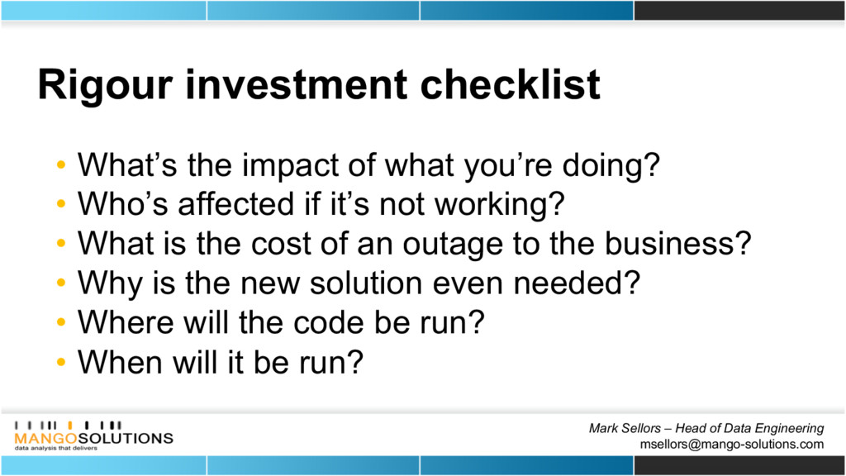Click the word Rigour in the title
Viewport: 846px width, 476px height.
(106, 86)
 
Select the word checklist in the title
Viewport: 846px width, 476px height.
(510, 84)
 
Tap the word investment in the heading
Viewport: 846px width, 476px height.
(297, 84)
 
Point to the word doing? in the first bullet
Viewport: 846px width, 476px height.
(611, 166)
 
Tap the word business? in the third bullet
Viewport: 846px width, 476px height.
(677, 244)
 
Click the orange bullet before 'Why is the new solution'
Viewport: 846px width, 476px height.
(61, 283)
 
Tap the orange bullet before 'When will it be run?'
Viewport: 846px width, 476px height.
(61, 361)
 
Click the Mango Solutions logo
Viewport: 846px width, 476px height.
(93, 436)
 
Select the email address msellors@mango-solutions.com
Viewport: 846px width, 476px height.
(732, 444)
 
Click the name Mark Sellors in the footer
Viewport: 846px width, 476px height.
(625, 429)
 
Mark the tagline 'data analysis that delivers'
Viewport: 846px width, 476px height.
(56, 448)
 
